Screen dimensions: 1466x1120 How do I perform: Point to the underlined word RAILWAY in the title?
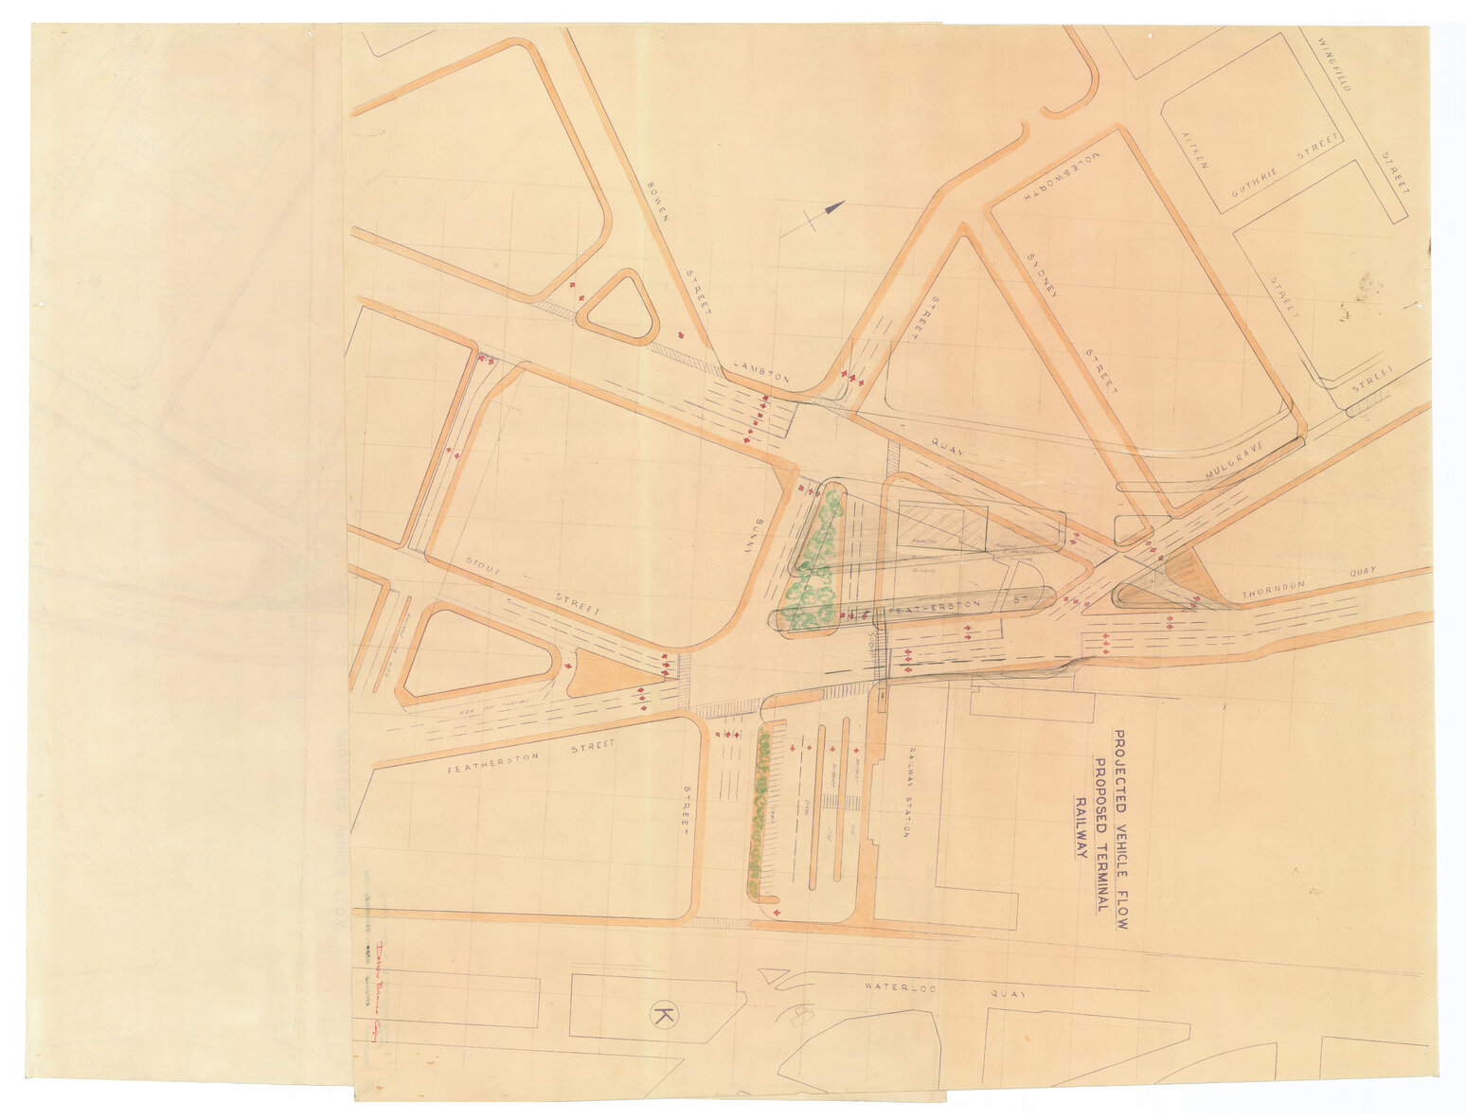point(1079,827)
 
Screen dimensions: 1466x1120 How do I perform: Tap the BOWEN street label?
point(658,200)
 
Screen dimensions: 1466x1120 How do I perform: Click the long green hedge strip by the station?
point(758,809)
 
